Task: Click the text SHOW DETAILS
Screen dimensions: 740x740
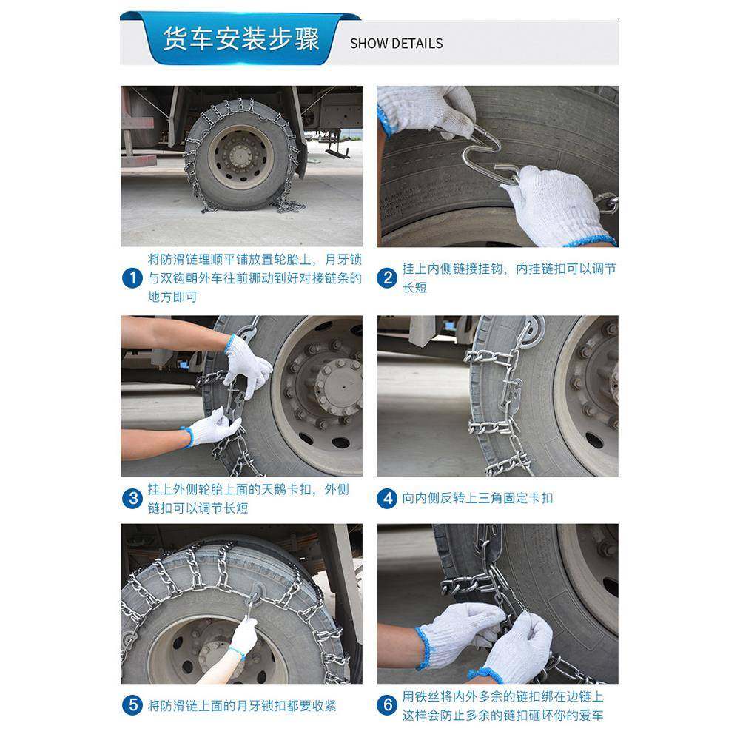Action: (396, 43)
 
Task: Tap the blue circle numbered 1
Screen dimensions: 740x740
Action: (132, 278)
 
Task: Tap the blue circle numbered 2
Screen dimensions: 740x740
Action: (387, 278)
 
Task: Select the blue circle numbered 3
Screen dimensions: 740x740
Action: (132, 498)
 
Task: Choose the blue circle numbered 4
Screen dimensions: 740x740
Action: (387, 498)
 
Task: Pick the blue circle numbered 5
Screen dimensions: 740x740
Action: (132, 704)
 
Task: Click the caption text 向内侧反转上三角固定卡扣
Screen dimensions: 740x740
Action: (477, 498)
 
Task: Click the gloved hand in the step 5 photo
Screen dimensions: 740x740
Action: (243, 634)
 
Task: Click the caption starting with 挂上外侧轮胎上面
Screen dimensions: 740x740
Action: (248, 498)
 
